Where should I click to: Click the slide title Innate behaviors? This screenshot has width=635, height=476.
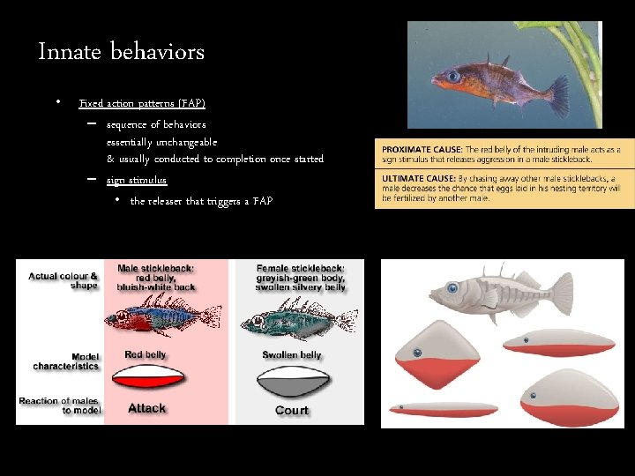coord(122,52)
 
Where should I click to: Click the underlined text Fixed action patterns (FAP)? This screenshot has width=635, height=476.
coord(142,104)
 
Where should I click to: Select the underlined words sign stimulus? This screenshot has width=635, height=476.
coord(137,181)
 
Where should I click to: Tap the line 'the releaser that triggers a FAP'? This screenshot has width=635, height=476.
coord(201,202)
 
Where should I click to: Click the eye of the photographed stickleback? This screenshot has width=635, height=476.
coord(452,77)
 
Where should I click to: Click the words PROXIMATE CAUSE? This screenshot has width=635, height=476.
coord(418,150)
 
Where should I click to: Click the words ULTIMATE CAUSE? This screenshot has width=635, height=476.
coord(415,178)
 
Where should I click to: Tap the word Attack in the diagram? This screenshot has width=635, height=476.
coord(146,408)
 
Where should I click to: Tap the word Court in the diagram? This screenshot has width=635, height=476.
coord(291,410)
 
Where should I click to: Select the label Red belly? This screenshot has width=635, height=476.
coord(146,354)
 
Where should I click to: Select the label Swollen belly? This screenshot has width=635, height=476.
coord(292,355)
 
